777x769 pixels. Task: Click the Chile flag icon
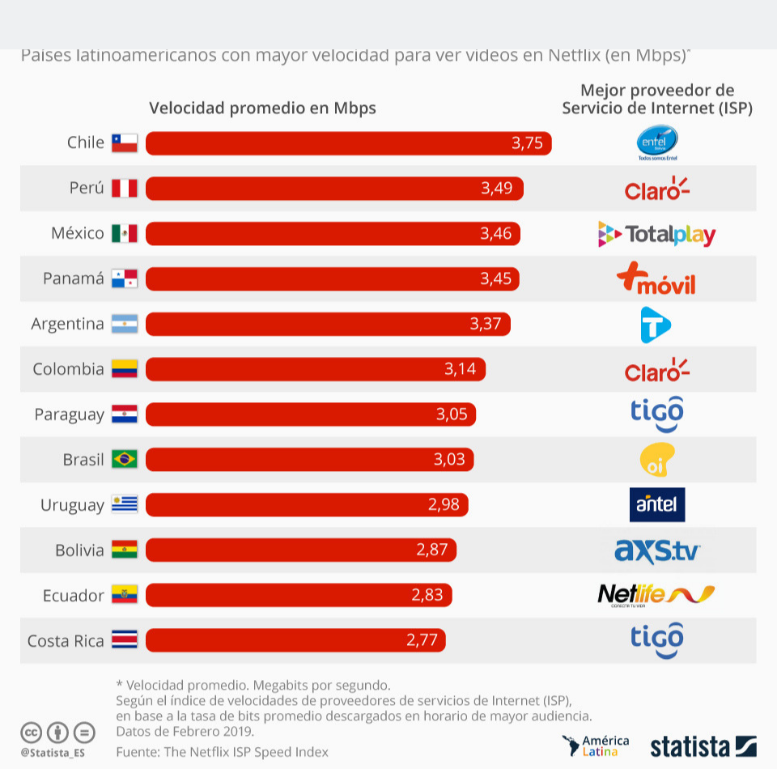125,143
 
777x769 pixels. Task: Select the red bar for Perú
334,189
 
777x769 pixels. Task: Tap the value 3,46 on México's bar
495,234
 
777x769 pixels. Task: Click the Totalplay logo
656,235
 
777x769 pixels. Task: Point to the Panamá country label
74,279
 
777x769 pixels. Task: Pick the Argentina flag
125,325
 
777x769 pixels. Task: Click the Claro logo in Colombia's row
656,371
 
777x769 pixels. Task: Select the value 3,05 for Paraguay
451,415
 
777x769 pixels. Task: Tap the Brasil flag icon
125,460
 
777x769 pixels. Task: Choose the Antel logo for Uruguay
656,504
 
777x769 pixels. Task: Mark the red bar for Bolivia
300,550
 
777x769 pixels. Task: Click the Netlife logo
656,595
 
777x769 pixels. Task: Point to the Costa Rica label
66,641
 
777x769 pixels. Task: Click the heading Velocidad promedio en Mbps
262,108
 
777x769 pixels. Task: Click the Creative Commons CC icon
31,733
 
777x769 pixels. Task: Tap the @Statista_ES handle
53,753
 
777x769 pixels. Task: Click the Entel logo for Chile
656,143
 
